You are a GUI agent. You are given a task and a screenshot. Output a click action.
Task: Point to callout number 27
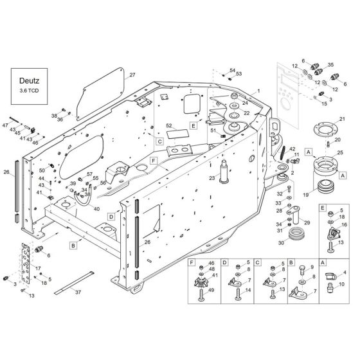pyautogui.click(x=132, y=75)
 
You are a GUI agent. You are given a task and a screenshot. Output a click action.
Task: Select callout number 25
pyautogui.click(x=340, y=152)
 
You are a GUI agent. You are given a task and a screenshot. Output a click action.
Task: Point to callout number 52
pyautogui.click(x=169, y=125)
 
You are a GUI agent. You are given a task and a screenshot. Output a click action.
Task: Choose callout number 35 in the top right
pyautogui.click(x=331, y=65)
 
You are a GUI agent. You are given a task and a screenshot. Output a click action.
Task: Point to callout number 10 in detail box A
pyautogui.click(x=341, y=283)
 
